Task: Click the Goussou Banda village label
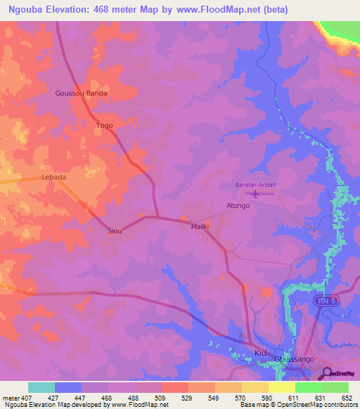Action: coord(81,93)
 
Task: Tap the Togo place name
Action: coord(104,126)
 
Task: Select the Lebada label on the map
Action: coord(54,177)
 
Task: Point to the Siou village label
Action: coord(115,231)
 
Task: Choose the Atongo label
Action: coord(238,206)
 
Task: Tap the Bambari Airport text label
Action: coord(255,185)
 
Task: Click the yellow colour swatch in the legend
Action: coord(281,387)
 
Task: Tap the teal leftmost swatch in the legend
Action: coord(41,387)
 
